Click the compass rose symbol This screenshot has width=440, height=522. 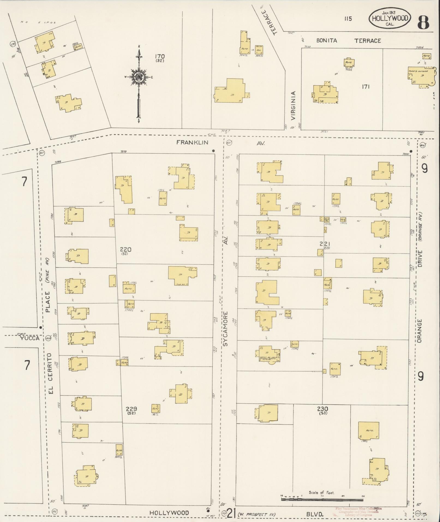[x=139, y=78]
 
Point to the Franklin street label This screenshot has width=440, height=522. [x=192, y=142]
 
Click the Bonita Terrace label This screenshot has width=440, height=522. [x=349, y=41]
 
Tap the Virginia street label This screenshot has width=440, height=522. [x=293, y=106]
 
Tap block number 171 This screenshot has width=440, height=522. [x=366, y=87]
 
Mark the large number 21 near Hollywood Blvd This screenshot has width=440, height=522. [x=231, y=514]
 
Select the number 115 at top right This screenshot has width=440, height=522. [x=348, y=19]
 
